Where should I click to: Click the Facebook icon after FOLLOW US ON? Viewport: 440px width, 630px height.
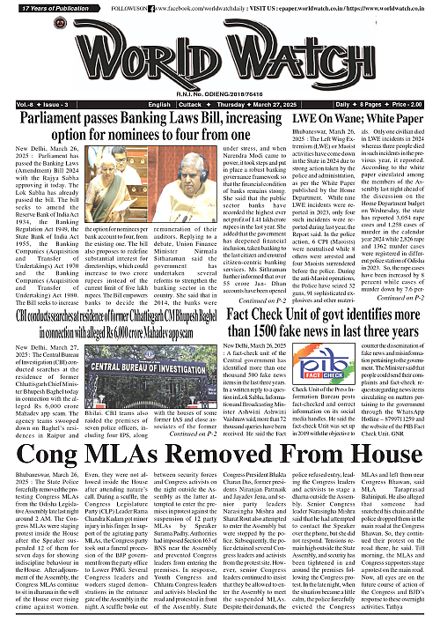[x=151, y=7]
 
